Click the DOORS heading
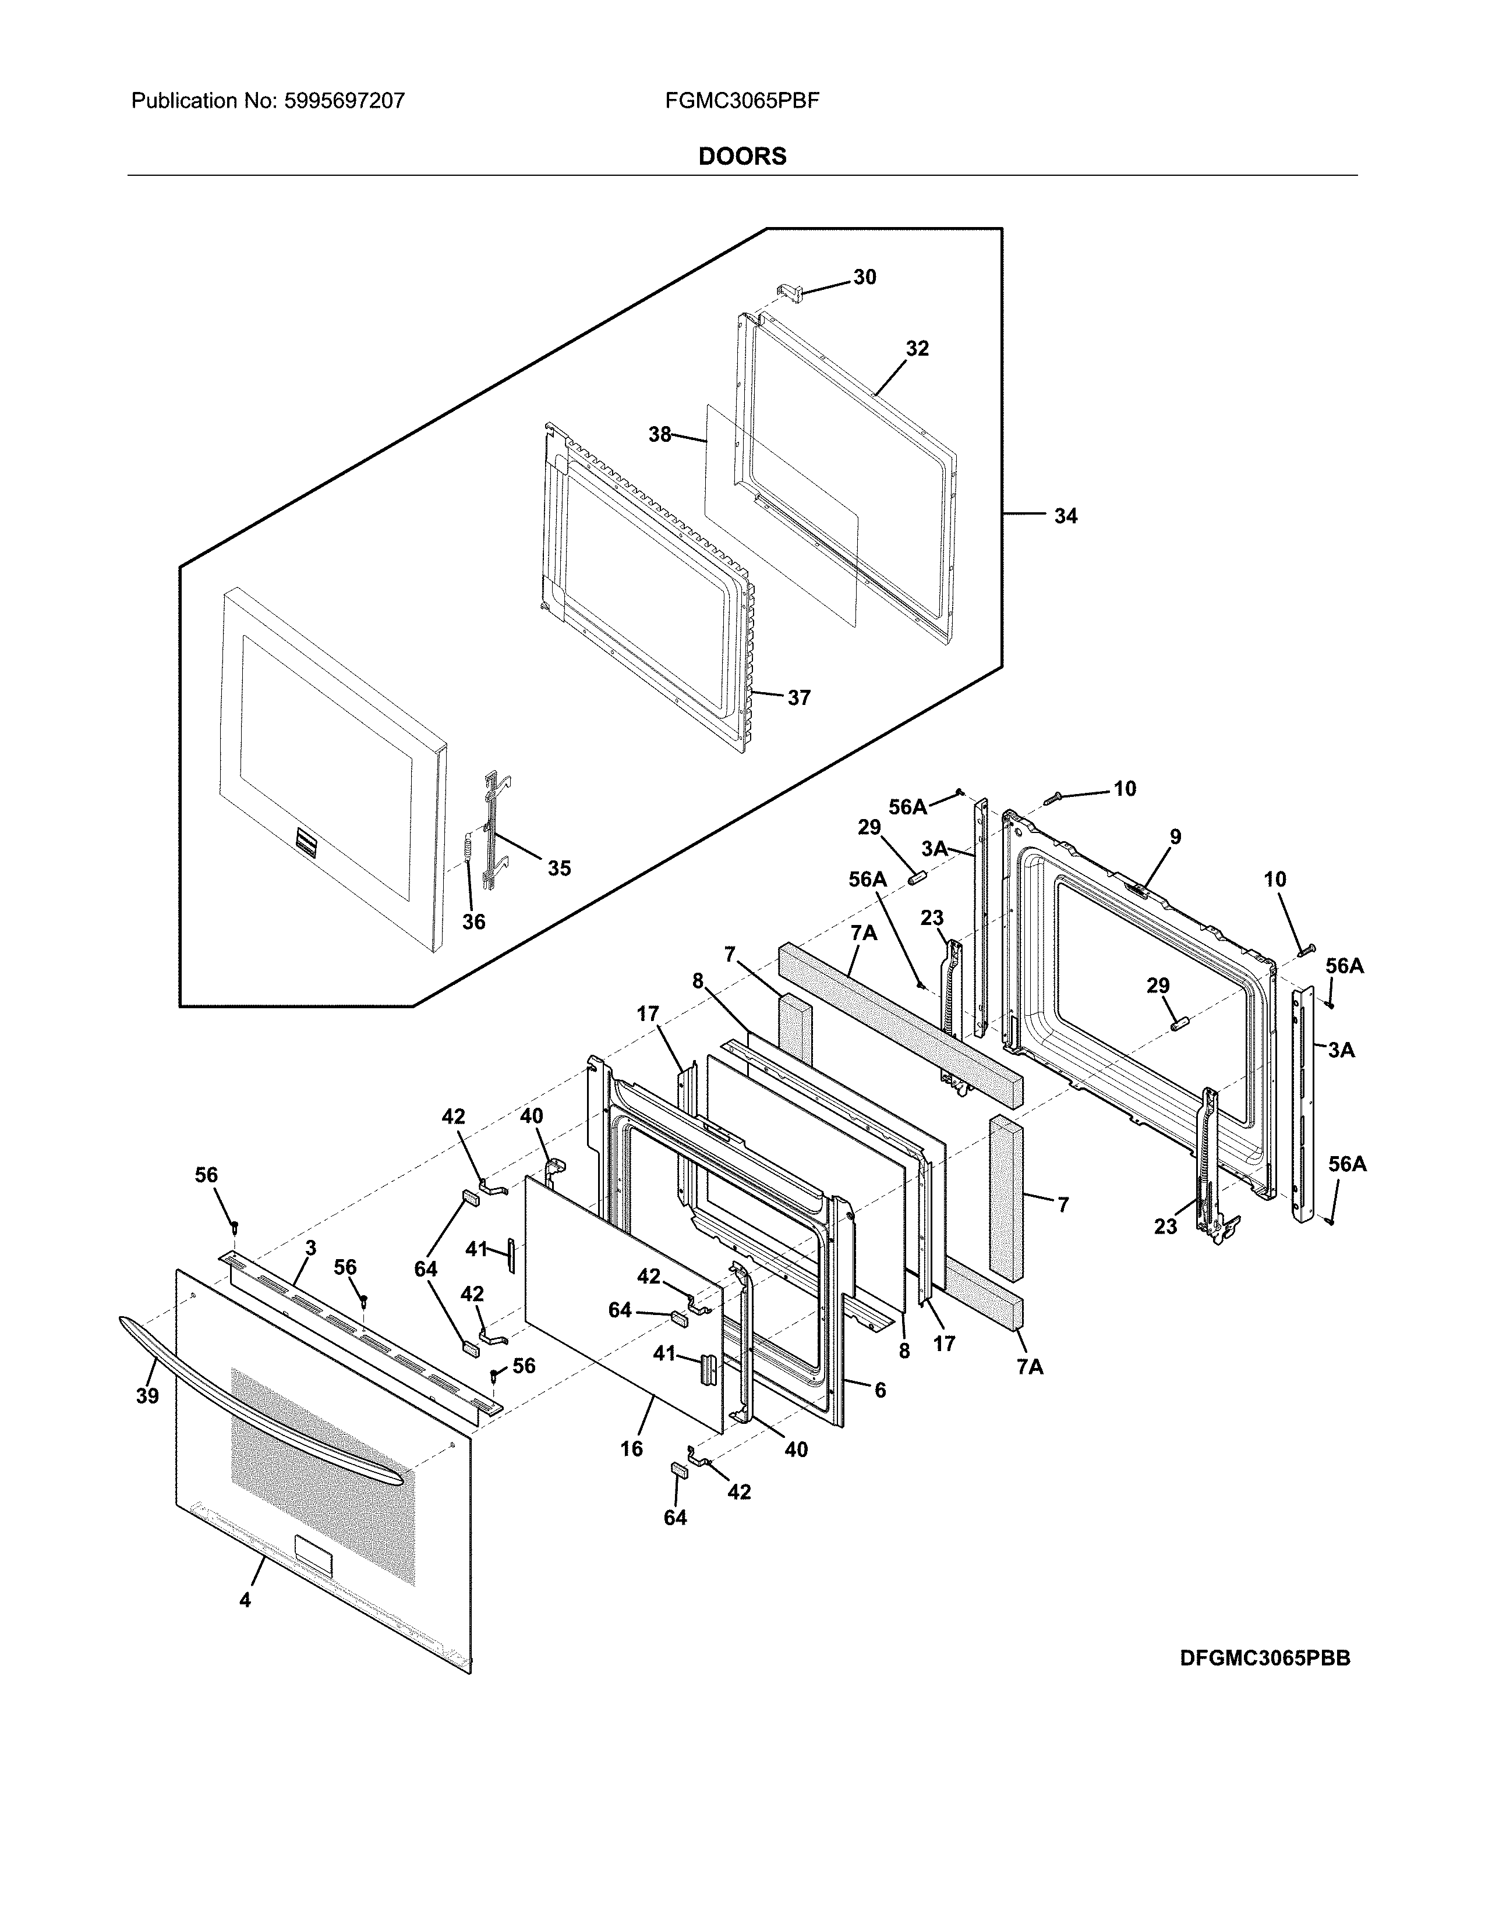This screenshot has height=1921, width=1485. [x=741, y=157]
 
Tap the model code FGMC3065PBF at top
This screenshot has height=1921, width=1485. [x=741, y=101]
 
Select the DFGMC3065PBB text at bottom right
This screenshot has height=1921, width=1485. [x=1264, y=1659]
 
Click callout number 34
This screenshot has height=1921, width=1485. [x=1065, y=516]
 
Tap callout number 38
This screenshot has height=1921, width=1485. [x=660, y=434]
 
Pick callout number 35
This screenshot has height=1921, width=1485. [x=558, y=868]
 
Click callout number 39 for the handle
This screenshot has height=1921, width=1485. [x=147, y=1396]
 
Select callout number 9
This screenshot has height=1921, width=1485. [x=1175, y=837]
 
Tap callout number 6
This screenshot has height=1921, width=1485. [x=880, y=1391]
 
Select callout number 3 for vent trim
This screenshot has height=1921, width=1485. [x=310, y=1248]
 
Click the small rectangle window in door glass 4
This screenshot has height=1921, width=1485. [x=313, y=1556]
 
